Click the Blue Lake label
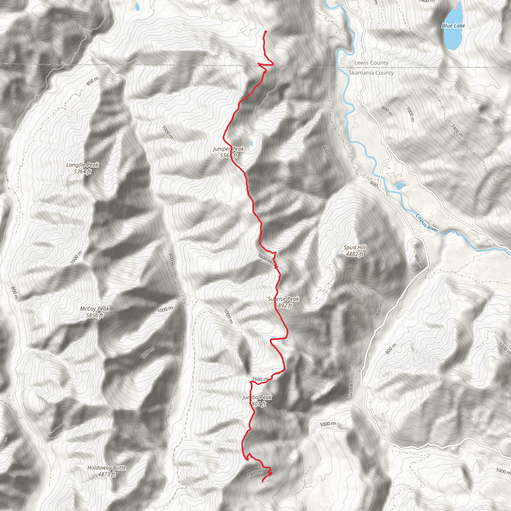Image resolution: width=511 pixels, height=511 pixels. [x=453, y=26]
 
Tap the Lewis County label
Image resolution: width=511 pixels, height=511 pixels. [x=371, y=63]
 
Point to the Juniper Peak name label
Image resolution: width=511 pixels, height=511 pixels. [x=228, y=149]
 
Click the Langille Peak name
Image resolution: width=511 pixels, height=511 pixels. [x=82, y=165]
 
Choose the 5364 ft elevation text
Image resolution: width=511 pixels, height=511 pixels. [x=82, y=171]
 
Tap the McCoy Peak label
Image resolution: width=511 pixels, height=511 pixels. [x=94, y=309]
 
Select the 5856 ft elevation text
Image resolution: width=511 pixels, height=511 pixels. [x=94, y=315]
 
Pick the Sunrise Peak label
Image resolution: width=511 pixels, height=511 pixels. [x=283, y=299]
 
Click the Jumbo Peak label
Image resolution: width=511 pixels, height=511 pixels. [x=257, y=397]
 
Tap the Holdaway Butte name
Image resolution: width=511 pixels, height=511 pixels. [x=107, y=468]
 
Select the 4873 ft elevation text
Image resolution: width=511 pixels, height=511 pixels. [x=107, y=474]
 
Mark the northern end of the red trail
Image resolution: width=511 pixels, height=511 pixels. [x=265, y=32]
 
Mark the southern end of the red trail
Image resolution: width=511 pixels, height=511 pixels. [x=262, y=481]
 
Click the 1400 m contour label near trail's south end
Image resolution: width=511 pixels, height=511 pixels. [x=255, y=473]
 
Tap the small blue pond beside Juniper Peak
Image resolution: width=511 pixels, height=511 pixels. [x=252, y=144]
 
